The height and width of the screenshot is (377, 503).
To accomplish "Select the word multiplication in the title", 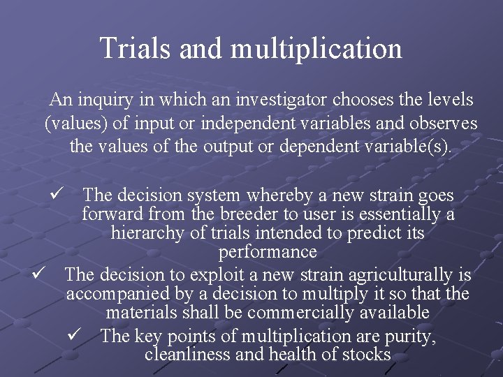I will [316, 49].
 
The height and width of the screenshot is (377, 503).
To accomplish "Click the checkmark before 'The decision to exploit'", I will [41, 274].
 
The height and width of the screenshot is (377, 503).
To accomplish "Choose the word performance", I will [268, 251].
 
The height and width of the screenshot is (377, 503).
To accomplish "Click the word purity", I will [411, 337].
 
